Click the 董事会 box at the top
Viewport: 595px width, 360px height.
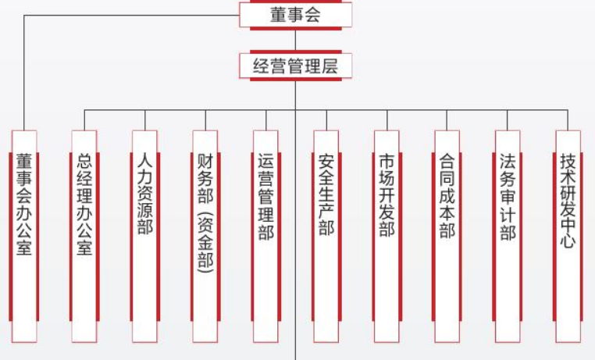(x=295, y=14)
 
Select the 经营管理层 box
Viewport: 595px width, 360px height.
(x=295, y=66)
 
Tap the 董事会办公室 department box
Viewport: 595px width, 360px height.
(x=24, y=234)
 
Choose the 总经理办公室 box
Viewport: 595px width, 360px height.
(x=84, y=234)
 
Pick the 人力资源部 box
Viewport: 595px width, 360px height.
(x=144, y=234)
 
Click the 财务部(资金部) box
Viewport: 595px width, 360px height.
(x=205, y=234)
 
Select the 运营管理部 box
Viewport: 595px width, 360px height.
(x=265, y=234)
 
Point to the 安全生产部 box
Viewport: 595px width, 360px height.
(x=326, y=234)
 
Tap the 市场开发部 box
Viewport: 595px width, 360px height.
(x=387, y=234)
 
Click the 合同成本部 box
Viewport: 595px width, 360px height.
(x=447, y=234)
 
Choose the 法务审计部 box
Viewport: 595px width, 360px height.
(x=508, y=234)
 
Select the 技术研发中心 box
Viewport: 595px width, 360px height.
(x=568, y=234)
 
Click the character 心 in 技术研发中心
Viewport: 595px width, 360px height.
(x=568, y=241)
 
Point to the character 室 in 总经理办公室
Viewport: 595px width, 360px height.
(x=84, y=248)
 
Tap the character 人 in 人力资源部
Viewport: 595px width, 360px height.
(x=144, y=161)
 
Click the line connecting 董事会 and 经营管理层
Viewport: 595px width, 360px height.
(x=295, y=40)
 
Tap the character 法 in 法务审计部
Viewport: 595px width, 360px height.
(x=508, y=162)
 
